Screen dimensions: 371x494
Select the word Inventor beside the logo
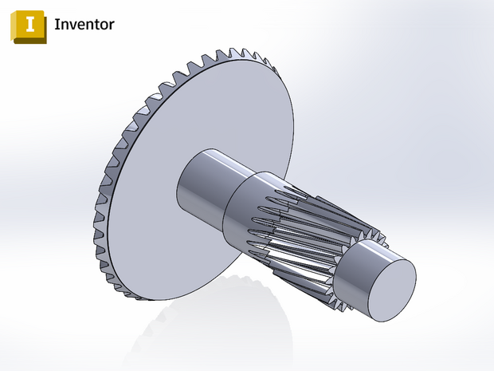(84, 24)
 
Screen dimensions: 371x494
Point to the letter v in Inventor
(72, 25)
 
